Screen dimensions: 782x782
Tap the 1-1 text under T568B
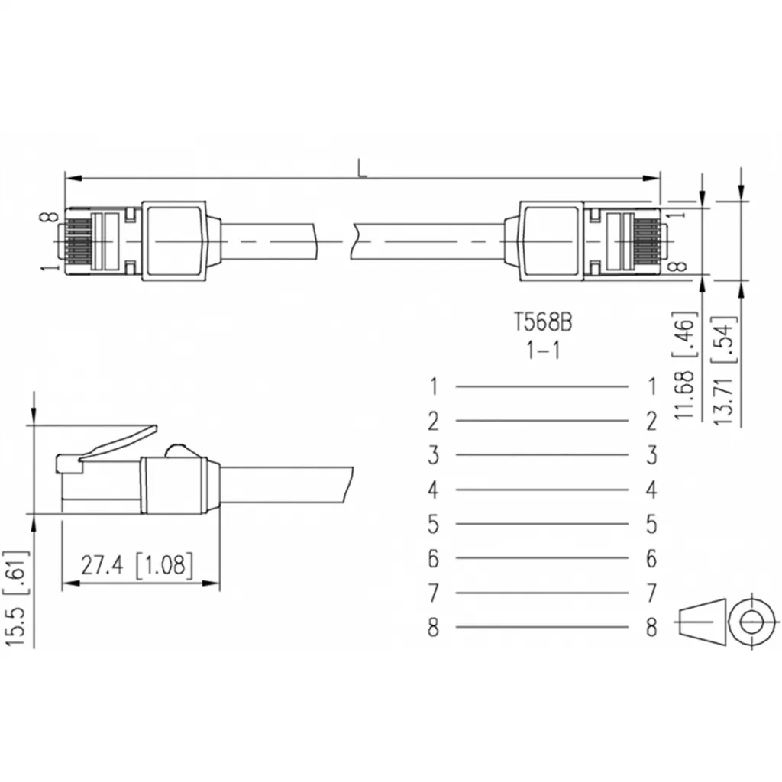coord(541,351)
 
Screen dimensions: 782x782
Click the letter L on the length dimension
coord(362,168)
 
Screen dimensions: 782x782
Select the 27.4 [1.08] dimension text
coord(138,565)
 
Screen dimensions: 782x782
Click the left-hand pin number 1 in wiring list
coord(433,386)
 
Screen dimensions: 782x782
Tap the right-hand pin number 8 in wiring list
coord(651,628)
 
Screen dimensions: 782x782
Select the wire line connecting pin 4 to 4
coord(541,490)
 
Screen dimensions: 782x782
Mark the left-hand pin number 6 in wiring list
coord(433,559)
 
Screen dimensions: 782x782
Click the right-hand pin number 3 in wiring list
coord(651,456)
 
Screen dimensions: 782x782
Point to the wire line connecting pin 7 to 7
coord(541,593)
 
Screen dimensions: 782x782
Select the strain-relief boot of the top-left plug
coord(175,239)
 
